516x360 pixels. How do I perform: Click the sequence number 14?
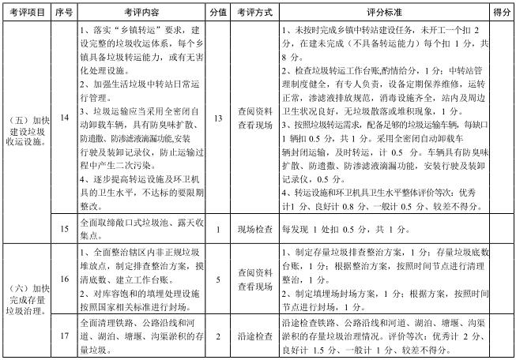click(x=66, y=118)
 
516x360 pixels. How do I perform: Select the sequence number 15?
click(x=66, y=230)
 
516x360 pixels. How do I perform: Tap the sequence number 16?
click(x=66, y=279)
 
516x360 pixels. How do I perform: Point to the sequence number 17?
click(x=66, y=336)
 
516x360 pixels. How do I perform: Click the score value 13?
click(x=218, y=118)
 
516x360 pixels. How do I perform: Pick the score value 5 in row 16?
click(x=218, y=279)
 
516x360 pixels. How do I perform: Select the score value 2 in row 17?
click(x=218, y=336)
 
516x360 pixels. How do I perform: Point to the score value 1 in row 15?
click(x=218, y=230)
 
